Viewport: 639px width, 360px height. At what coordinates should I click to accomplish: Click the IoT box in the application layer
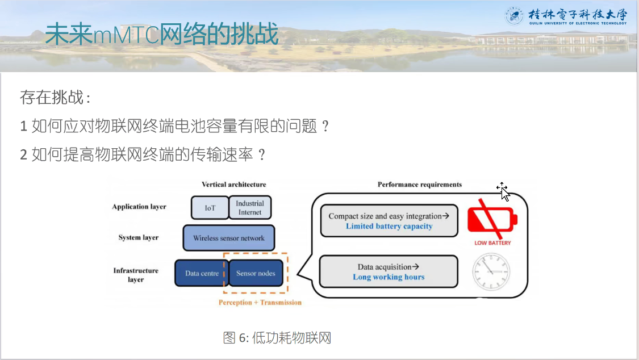[210, 208]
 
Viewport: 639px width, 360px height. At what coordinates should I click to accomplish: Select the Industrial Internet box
[250, 208]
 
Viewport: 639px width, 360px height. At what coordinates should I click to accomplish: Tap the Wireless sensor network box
[229, 238]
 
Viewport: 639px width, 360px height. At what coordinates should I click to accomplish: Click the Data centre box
[201, 273]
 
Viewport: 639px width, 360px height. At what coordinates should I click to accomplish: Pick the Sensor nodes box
[256, 273]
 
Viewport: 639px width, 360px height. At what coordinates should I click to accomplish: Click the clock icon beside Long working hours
[491, 271]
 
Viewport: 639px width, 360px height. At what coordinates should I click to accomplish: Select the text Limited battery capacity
[389, 227]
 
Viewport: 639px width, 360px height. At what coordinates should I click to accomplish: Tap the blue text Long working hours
[389, 277]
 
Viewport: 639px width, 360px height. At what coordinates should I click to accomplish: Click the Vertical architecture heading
[234, 185]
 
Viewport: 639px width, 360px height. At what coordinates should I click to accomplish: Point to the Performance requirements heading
[420, 185]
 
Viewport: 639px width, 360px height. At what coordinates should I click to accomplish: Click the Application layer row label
[139, 207]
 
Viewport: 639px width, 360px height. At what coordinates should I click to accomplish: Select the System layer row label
[139, 237]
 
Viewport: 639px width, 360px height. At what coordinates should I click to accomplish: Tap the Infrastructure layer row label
[136, 275]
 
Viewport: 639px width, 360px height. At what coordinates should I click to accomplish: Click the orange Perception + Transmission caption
[260, 303]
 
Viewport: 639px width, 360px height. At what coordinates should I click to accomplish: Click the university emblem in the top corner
[514, 16]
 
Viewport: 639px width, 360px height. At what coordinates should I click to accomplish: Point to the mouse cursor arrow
[504, 193]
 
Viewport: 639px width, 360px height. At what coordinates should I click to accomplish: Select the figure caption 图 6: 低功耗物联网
[277, 338]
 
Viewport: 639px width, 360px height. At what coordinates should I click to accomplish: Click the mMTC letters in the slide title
[126, 35]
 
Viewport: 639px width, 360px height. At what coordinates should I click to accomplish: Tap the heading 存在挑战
[55, 98]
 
